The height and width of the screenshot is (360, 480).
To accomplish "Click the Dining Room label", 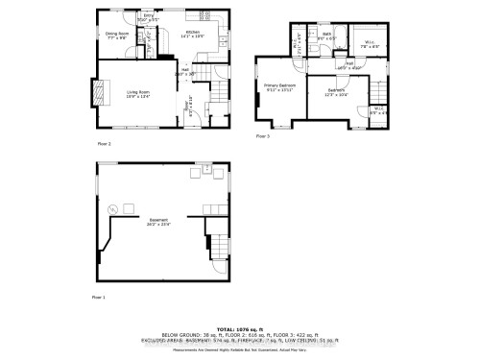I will tap(117, 36).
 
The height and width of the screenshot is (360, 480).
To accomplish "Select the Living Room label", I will tap(137, 94).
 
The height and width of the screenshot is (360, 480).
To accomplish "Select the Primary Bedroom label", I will tap(279, 87).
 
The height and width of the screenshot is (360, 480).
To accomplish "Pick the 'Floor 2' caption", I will tap(103, 143).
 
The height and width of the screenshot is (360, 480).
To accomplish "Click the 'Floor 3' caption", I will tap(263, 136).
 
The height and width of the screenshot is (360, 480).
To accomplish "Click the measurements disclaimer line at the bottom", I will tap(240, 348).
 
